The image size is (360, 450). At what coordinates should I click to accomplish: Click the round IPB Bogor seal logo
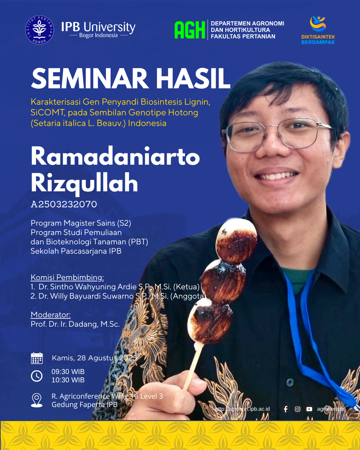pos(40,30)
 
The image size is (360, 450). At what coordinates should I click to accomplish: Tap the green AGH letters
pos(190,30)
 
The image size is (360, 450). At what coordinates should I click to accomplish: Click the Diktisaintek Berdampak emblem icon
pos(318,24)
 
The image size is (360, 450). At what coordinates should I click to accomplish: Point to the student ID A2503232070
pos(64,204)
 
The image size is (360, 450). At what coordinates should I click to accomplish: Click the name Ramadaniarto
pos(115,156)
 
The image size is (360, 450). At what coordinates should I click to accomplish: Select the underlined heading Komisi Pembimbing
pos(67,277)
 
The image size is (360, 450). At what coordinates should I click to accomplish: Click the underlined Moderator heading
pos(51,315)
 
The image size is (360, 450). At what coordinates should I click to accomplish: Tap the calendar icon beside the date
pos(37,358)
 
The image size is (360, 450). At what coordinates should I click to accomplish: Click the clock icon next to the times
pos(37,376)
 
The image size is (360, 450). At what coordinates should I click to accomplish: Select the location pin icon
pos(37,400)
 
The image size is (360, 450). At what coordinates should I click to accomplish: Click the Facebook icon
pos(286,409)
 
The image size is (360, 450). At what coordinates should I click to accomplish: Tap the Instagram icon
pos(297,409)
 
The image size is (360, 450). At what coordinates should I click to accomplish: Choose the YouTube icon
pos(309,409)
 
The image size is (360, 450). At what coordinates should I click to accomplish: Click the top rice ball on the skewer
pos(236,240)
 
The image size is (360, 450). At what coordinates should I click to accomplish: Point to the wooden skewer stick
pos(193,368)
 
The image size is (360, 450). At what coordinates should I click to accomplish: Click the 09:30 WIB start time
pos(68,372)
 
